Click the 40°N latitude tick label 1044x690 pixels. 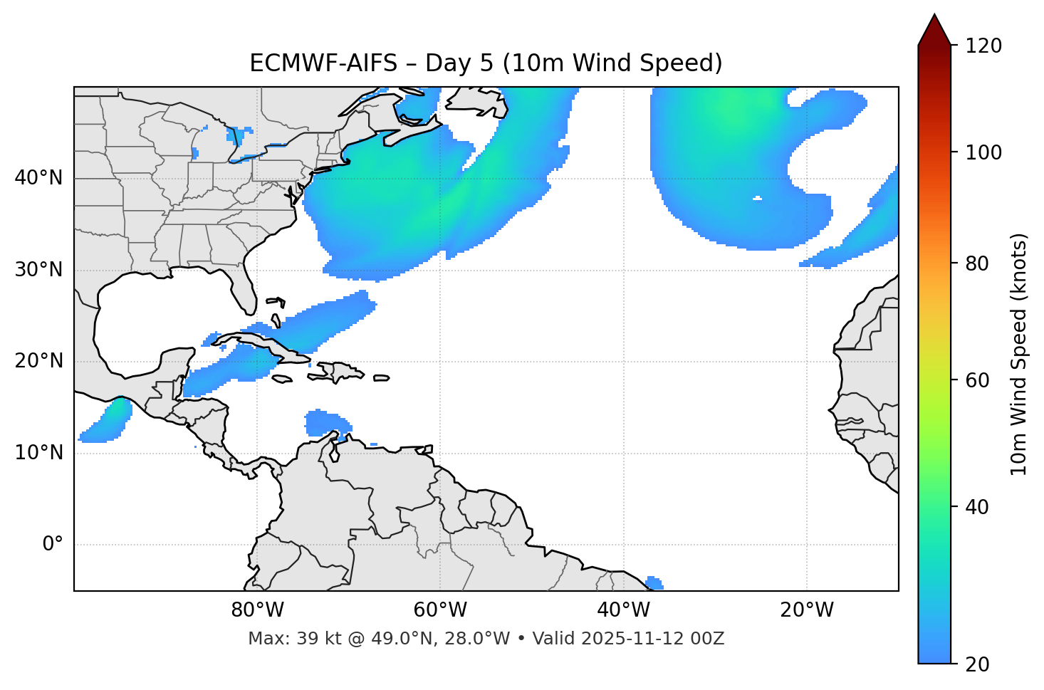click(x=38, y=178)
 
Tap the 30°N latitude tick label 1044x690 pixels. click(x=38, y=270)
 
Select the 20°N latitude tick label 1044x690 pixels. click(x=38, y=361)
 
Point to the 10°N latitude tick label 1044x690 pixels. click(x=38, y=453)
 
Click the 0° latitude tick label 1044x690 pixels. click(x=53, y=545)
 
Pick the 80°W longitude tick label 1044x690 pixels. click(x=257, y=610)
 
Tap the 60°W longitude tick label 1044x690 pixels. click(x=440, y=610)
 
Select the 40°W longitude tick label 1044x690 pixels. click(x=623, y=610)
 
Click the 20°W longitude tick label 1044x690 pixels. click(x=806, y=610)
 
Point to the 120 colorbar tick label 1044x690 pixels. click(x=983, y=46)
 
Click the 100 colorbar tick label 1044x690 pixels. click(x=983, y=152)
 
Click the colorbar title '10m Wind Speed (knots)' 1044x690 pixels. click(x=1019, y=354)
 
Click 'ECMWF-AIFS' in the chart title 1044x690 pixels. click(x=323, y=63)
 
